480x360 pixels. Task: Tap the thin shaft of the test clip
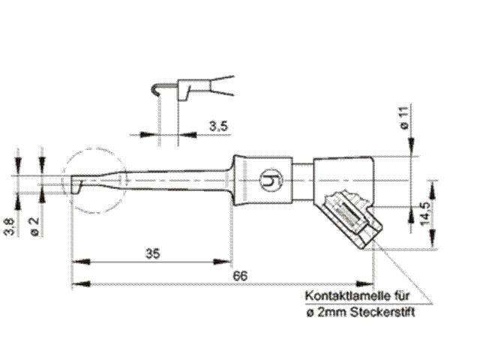(x=172, y=181)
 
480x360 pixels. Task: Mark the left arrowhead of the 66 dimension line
(x=76, y=285)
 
